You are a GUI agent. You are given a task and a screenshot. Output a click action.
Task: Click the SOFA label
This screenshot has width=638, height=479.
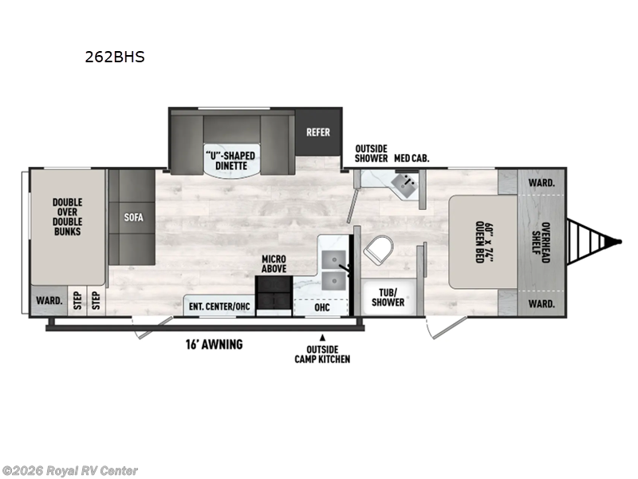133,216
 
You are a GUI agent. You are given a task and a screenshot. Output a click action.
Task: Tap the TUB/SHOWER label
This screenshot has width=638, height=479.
388,297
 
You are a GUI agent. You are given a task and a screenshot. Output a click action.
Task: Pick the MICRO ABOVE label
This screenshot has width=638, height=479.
274,264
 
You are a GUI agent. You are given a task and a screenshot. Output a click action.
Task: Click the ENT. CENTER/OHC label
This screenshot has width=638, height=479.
219,307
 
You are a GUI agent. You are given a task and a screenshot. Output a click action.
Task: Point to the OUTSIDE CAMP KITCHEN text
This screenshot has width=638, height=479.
322,354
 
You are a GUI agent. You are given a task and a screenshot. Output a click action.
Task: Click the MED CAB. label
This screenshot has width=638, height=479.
412,158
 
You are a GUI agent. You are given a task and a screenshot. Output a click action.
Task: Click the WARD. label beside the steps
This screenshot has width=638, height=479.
45,302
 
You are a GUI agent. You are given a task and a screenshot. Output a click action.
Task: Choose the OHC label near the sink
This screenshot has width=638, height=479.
322,307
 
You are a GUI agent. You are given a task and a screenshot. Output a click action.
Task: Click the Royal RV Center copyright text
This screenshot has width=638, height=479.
70,471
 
